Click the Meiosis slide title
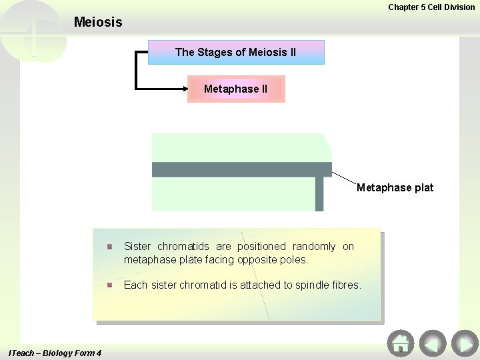(x=98, y=22)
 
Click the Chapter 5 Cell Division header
(x=431, y=7)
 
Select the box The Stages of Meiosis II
(x=235, y=52)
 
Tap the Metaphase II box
(x=235, y=89)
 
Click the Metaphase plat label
(x=395, y=187)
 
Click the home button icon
(x=400, y=343)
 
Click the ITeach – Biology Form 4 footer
(x=55, y=353)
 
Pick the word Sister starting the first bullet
(x=137, y=247)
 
